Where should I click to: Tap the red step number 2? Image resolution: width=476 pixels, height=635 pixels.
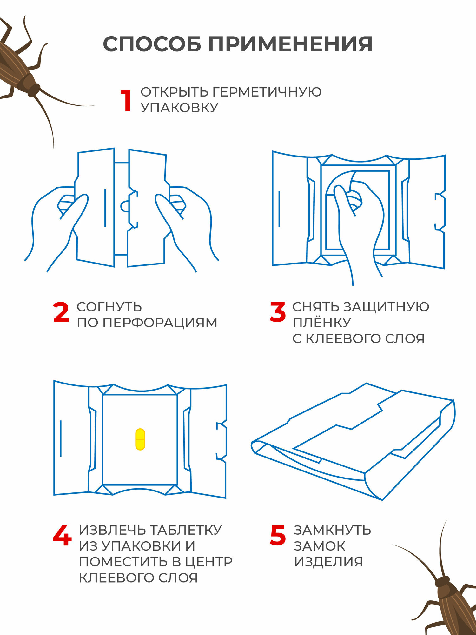click(x=61, y=312)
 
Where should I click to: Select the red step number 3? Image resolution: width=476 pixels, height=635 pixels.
click(x=277, y=312)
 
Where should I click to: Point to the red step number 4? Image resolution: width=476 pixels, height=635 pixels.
click(x=62, y=536)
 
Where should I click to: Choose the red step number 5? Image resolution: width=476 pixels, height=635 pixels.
click(x=278, y=536)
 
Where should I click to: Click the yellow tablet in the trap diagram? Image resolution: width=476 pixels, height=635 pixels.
click(x=140, y=439)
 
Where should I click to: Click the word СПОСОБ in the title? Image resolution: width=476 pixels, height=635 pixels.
click(x=152, y=44)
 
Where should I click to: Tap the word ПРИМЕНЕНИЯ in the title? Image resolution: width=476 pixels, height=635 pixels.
click(x=290, y=44)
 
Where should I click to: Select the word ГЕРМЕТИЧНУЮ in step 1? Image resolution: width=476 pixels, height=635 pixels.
click(x=267, y=92)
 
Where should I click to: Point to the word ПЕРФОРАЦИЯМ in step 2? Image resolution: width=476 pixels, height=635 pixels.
click(x=160, y=323)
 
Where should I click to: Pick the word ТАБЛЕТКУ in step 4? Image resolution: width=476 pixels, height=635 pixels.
click(x=185, y=530)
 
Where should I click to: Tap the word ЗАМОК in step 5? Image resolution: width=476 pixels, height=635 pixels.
click(x=319, y=546)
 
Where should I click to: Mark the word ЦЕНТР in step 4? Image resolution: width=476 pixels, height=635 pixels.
click(x=208, y=562)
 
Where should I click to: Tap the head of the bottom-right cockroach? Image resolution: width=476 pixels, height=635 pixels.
click(x=442, y=581)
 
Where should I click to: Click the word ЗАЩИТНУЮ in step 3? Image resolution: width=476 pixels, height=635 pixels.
click(x=386, y=307)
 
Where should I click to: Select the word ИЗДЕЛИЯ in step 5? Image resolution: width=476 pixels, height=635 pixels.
click(x=328, y=562)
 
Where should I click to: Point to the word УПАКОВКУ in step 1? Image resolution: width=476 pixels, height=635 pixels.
click(x=180, y=108)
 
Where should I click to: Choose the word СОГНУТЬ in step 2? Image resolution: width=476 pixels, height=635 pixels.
click(x=109, y=307)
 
